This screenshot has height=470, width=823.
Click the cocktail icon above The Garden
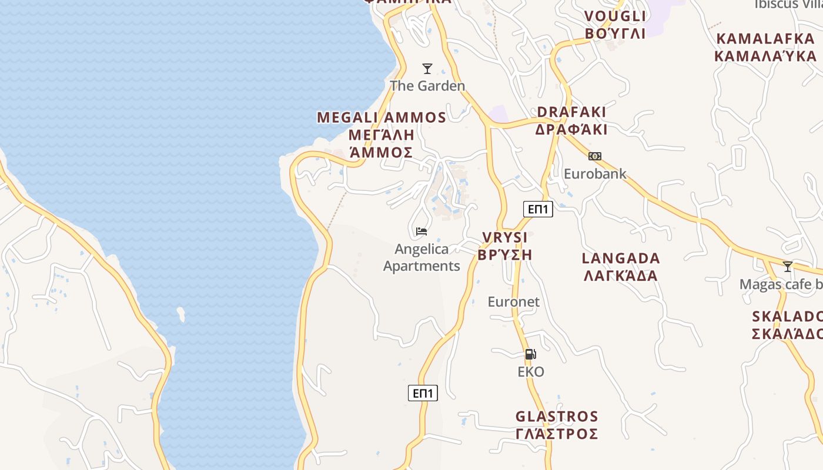(427, 69)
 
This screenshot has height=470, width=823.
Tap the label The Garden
(427, 86)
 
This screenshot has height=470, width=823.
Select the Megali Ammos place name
(382, 135)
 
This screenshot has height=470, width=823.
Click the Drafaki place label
(571, 120)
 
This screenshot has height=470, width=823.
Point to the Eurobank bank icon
(595, 156)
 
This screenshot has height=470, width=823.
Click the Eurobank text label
(595, 174)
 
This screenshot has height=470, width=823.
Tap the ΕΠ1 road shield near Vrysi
(538, 209)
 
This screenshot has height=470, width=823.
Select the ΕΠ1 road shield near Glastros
(423, 393)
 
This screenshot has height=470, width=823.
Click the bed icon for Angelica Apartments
(421, 231)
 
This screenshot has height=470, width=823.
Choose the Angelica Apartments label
(421, 257)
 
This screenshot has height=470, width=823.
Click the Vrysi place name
(505, 246)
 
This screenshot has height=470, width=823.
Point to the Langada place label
(621, 267)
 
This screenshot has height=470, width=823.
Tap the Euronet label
(513, 302)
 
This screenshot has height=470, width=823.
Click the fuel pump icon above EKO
(530, 354)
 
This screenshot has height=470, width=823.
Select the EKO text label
(531, 372)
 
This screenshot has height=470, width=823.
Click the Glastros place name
(557, 425)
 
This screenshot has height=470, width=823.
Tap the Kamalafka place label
(765, 48)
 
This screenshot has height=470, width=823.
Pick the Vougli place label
(615, 25)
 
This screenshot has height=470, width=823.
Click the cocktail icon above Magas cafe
(788, 267)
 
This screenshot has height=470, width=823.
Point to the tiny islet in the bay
(181, 314)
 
